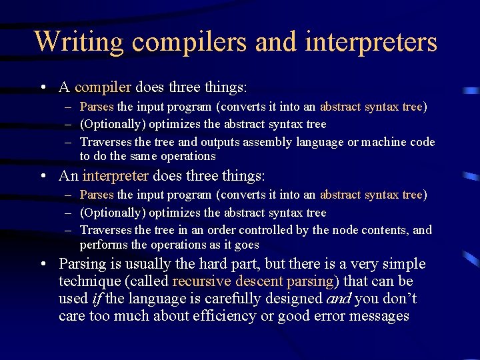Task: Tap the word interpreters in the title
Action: coord(371,41)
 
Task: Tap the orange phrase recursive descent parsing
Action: coord(253,281)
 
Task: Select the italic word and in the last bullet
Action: coord(340,299)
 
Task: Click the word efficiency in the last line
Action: coord(223,316)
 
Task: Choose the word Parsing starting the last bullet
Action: coord(82,264)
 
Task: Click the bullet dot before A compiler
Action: coord(43,88)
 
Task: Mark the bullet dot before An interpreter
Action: coord(43,177)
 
